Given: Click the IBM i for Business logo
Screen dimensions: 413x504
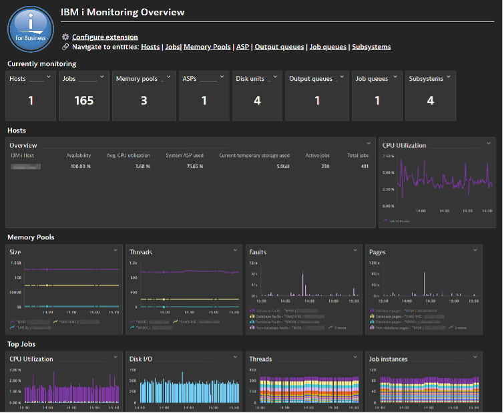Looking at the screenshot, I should (x=30, y=31).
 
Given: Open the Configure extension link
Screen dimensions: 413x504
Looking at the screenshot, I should (x=105, y=37).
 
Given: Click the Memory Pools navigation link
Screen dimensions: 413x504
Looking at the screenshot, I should (x=207, y=47).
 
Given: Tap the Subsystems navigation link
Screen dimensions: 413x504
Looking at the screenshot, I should (x=371, y=47).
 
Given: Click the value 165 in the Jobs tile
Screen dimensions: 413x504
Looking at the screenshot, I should (x=84, y=101).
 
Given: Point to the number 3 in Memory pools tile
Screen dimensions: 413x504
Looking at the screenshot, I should (x=144, y=101).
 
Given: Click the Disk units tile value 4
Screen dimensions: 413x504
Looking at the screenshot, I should (x=257, y=101).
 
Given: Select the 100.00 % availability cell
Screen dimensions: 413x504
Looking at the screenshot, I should (x=79, y=166).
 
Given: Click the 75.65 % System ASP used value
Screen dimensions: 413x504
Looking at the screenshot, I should (x=194, y=166).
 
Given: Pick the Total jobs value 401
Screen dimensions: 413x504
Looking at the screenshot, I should (x=364, y=166).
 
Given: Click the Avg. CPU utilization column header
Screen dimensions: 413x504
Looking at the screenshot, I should (x=128, y=156).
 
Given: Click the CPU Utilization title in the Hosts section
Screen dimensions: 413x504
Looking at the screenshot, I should (x=404, y=145).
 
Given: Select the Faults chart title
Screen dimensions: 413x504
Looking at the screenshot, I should (x=258, y=252).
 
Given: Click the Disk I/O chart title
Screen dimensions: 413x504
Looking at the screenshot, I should (x=142, y=359).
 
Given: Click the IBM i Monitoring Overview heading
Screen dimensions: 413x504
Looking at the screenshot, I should (x=127, y=12).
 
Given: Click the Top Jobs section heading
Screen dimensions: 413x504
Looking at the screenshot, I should (x=22, y=344).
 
